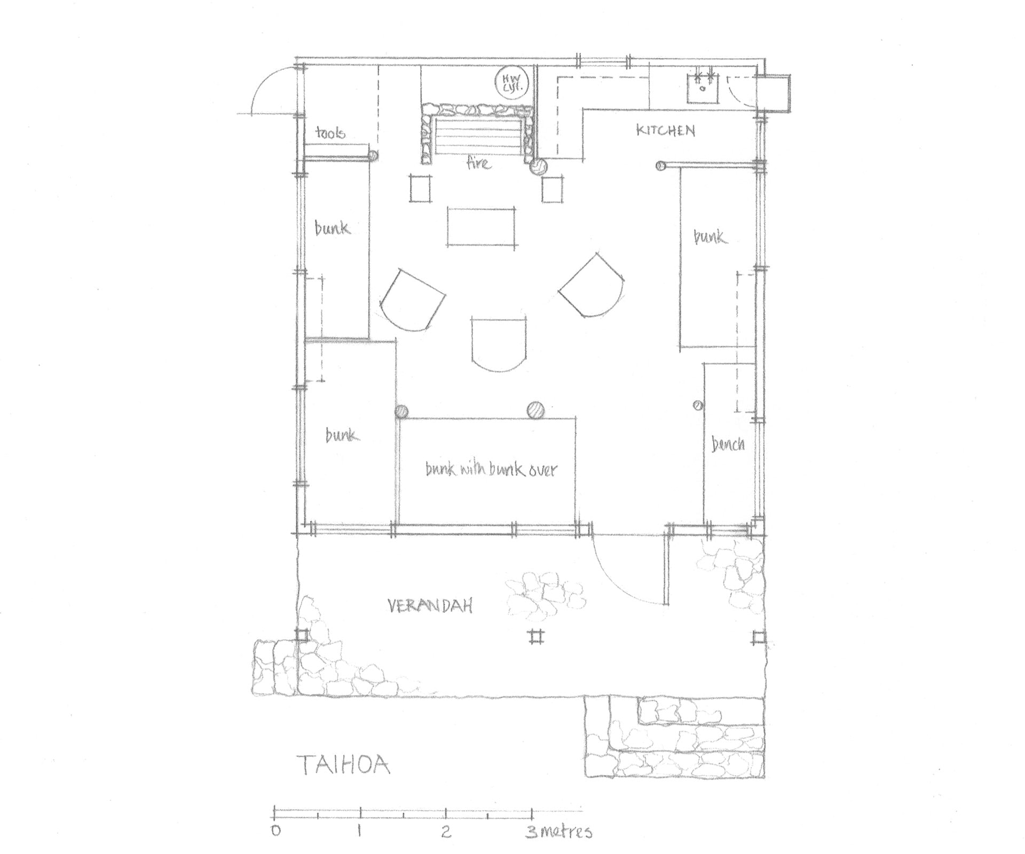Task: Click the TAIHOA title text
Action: tap(344, 765)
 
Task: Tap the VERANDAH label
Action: tap(430, 606)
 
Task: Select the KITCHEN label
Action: tap(665, 130)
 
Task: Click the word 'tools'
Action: tap(330, 132)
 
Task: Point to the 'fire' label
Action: tap(478, 162)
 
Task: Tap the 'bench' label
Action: tap(728, 444)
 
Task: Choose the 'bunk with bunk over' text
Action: tap(491, 469)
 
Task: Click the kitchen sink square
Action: tap(703, 89)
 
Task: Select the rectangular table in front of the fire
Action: tap(482, 226)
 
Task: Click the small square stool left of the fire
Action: tap(421, 188)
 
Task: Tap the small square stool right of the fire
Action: tap(552, 189)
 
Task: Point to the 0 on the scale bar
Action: tap(275, 831)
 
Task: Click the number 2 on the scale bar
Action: tap(446, 831)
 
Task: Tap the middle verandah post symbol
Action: tap(537, 637)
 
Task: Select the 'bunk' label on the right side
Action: tap(709, 236)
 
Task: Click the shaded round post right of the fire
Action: tap(539, 167)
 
